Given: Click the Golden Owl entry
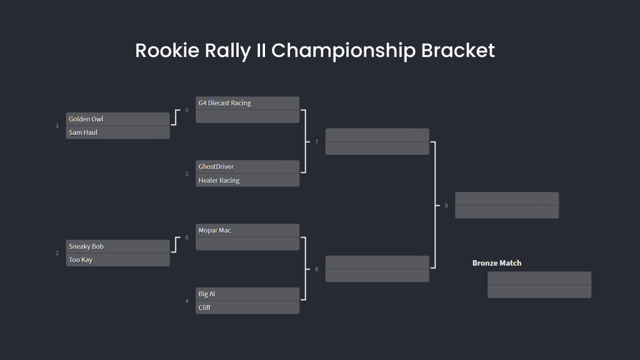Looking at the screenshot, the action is [117, 119].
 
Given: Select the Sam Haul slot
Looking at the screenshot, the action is [117, 132].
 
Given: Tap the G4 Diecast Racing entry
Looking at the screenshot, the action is [247, 103].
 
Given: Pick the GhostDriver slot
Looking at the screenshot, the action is [247, 167].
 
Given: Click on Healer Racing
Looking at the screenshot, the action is [247, 181].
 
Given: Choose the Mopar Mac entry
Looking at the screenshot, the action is [247, 231].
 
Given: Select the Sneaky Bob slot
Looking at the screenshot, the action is [117, 246].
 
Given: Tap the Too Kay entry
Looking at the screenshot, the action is [117, 260].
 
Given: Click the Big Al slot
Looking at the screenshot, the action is [247, 294].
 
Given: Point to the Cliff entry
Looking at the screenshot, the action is [247, 307].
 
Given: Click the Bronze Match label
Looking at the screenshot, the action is [497, 263].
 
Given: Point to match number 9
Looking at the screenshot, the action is [446, 206].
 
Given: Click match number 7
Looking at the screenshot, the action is [316, 142].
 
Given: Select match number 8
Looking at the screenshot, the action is [316, 269].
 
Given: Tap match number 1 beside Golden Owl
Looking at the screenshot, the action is [57, 126].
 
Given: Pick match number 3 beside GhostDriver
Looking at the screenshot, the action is [187, 174].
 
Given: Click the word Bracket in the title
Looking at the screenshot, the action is [458, 51].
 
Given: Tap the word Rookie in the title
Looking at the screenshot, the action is [167, 51].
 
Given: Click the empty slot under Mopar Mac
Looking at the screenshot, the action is [247, 244].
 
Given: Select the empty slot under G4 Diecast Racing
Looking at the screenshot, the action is [247, 117].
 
